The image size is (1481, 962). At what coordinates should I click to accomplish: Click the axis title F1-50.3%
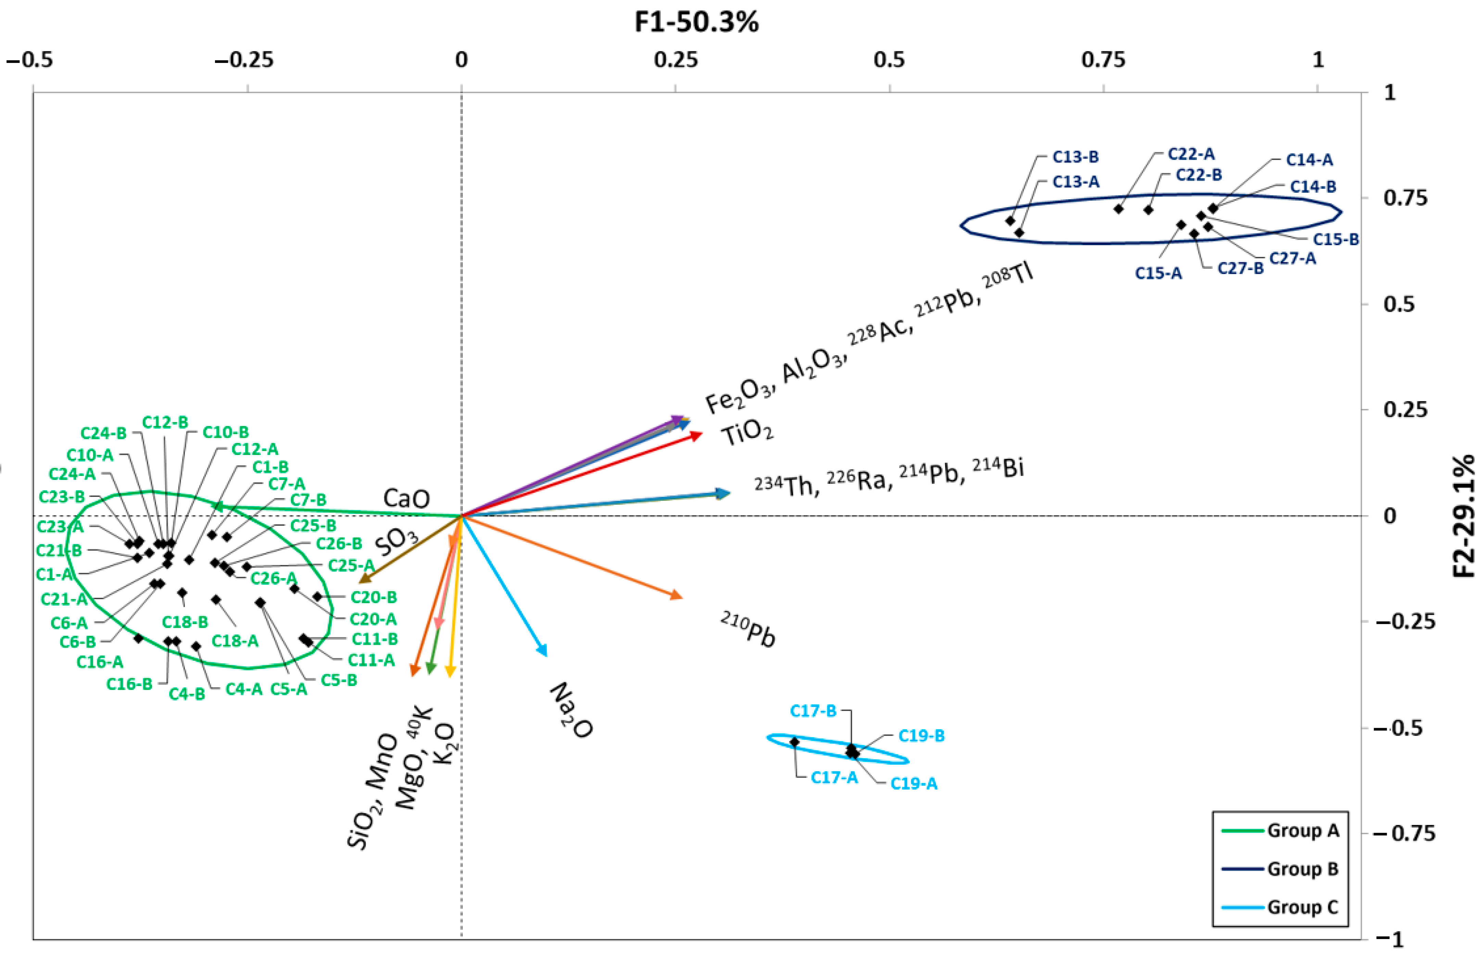[x=696, y=22]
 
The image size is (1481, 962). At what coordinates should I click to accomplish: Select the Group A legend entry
[x=1302, y=830]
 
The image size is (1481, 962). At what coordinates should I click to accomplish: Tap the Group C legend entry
[x=1302, y=907]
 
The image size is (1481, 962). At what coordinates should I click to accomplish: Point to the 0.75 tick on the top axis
[x=1103, y=60]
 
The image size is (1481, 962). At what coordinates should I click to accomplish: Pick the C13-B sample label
[x=1075, y=157]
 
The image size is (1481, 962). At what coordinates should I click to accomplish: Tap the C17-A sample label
[x=834, y=777]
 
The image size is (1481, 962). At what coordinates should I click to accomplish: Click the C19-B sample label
[x=921, y=735]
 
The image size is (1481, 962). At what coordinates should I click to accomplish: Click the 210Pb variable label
[x=749, y=630]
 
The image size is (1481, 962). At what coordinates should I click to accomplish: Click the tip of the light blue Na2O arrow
[x=546, y=655]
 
